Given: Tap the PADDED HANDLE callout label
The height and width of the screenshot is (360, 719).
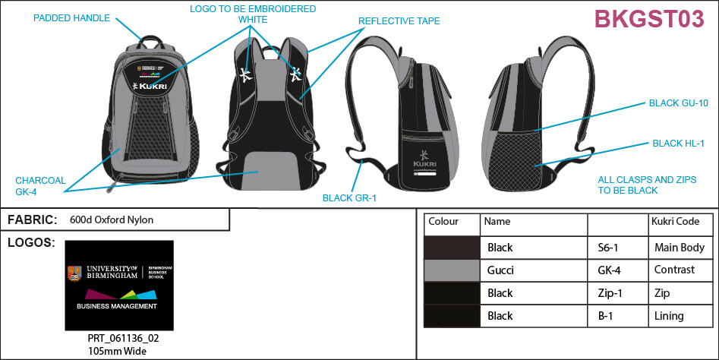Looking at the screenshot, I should point(72,17).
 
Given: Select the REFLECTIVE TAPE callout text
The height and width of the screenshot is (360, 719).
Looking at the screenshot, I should point(399,21).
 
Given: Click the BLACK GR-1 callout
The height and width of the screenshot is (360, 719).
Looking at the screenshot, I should point(349,198).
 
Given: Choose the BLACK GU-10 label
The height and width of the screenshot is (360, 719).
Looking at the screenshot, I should point(677,103).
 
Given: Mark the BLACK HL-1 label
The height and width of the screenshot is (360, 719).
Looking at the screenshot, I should point(679,143).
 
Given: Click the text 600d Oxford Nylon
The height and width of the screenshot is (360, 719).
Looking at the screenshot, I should point(111,219).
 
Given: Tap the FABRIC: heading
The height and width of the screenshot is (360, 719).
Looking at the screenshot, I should point(32,219).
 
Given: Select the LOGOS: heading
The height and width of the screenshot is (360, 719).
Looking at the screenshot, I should point(30,243).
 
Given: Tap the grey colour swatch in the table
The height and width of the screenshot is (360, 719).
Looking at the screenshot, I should point(452,270).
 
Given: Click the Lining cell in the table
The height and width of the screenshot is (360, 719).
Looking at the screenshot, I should point(669,315).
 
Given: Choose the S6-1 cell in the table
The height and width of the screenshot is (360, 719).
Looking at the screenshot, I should point(607,247).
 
